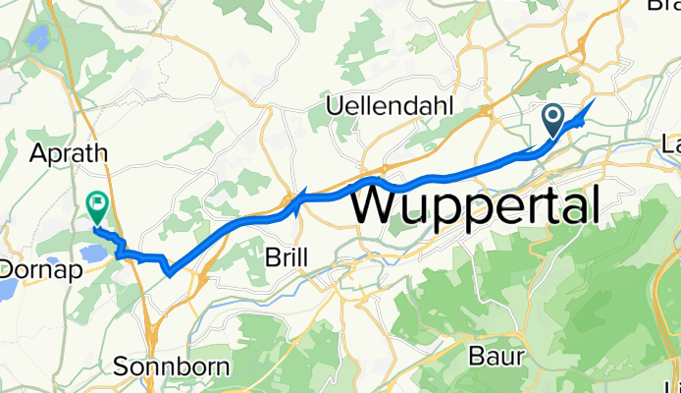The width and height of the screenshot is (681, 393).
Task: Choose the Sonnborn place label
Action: (x=172, y=367)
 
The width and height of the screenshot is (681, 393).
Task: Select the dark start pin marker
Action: (x=552, y=122)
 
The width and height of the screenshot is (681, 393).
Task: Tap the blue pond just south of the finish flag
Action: (x=94, y=253)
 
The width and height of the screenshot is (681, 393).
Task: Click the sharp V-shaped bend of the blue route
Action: (x=171, y=272)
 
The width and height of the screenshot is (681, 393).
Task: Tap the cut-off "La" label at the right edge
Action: (x=672, y=143)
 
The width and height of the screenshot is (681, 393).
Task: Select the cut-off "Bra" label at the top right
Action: (x=664, y=5)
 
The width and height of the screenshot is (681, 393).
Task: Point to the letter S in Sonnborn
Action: (x=122, y=367)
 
